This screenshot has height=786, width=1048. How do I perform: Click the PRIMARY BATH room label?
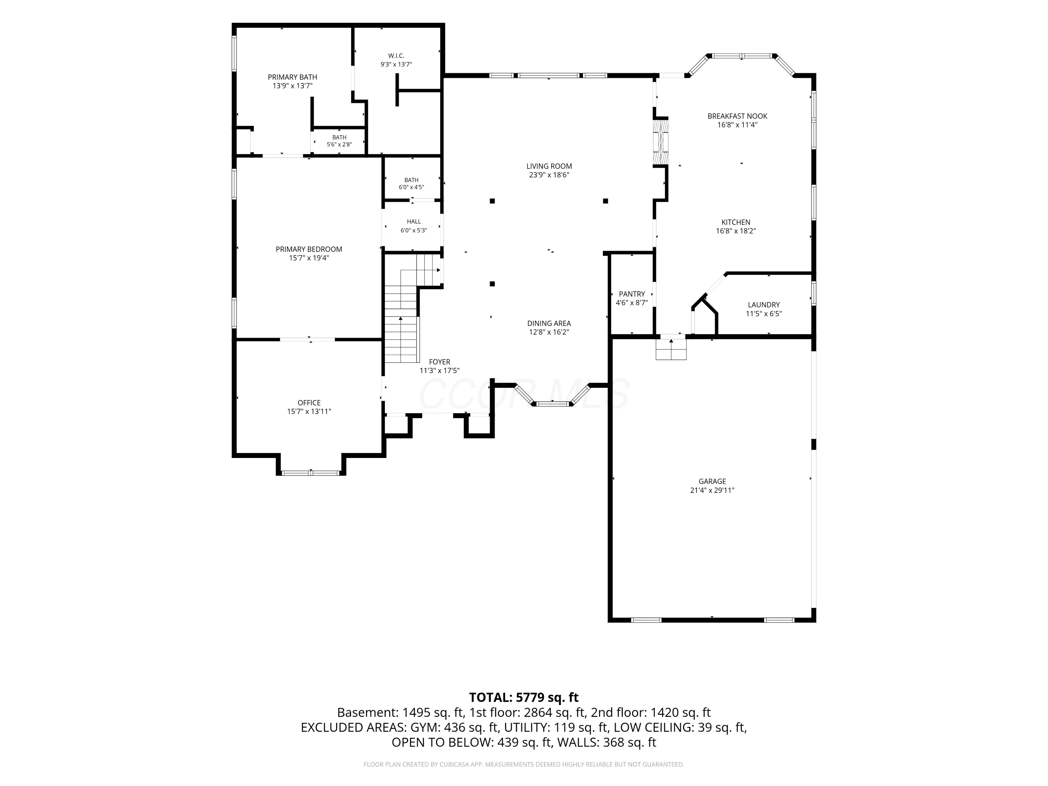292,77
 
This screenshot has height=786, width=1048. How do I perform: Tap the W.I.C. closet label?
396,56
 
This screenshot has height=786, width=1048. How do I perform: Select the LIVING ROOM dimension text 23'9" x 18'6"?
549,175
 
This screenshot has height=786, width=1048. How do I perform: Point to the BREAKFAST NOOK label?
737,116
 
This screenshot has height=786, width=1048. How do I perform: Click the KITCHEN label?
736,222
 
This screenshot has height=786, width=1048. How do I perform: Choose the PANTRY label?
632,294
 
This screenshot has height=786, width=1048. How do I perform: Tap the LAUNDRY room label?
764,305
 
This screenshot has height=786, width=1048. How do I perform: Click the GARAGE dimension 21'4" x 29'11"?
712,490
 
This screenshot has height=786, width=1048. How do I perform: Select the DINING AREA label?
549,323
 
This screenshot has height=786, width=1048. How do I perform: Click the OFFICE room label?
309,403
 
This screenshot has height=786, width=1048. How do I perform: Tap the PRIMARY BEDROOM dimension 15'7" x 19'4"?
309,258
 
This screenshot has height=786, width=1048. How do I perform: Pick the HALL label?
414,221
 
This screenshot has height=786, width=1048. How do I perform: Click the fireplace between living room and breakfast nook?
661,141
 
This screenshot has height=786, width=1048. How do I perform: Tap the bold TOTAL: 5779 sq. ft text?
524,697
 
